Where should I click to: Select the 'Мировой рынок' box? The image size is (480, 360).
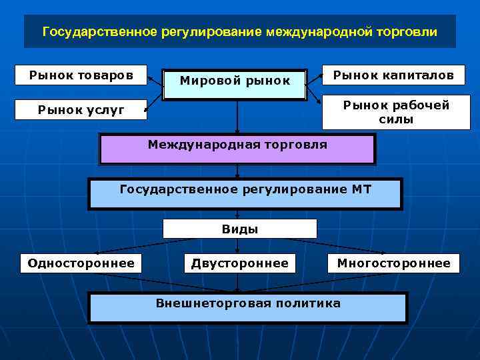pyautogui.click(x=235, y=81)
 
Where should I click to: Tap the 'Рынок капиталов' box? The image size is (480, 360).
pyautogui.click(x=393, y=75)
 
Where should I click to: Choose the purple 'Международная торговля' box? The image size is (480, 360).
pyautogui.click(x=237, y=149)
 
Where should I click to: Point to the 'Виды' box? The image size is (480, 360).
pyautogui.click(x=239, y=229)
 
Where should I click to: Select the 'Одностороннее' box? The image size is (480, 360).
pyautogui.click(x=81, y=263)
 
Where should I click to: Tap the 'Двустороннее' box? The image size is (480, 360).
pyautogui.click(x=240, y=263)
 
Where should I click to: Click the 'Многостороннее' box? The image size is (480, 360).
pyautogui.click(x=393, y=263)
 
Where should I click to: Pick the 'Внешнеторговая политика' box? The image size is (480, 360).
pyautogui.click(x=247, y=307)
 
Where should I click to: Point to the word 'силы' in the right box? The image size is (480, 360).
pyautogui.click(x=396, y=120)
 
